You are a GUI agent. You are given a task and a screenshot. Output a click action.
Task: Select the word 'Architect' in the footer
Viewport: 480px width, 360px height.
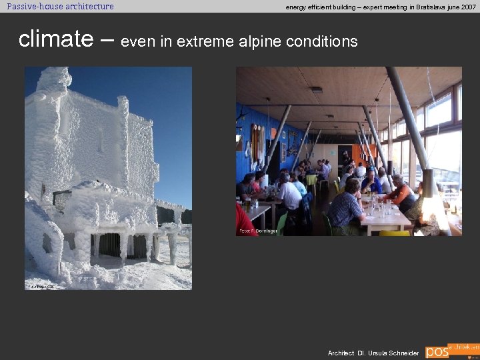(x=341, y=353)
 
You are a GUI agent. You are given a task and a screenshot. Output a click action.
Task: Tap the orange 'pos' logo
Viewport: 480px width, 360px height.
(x=437, y=351)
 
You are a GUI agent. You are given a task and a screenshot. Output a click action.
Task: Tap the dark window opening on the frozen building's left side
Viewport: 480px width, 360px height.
(x=61, y=198)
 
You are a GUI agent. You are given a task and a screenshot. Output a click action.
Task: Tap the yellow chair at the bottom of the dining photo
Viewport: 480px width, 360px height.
(x=394, y=233)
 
